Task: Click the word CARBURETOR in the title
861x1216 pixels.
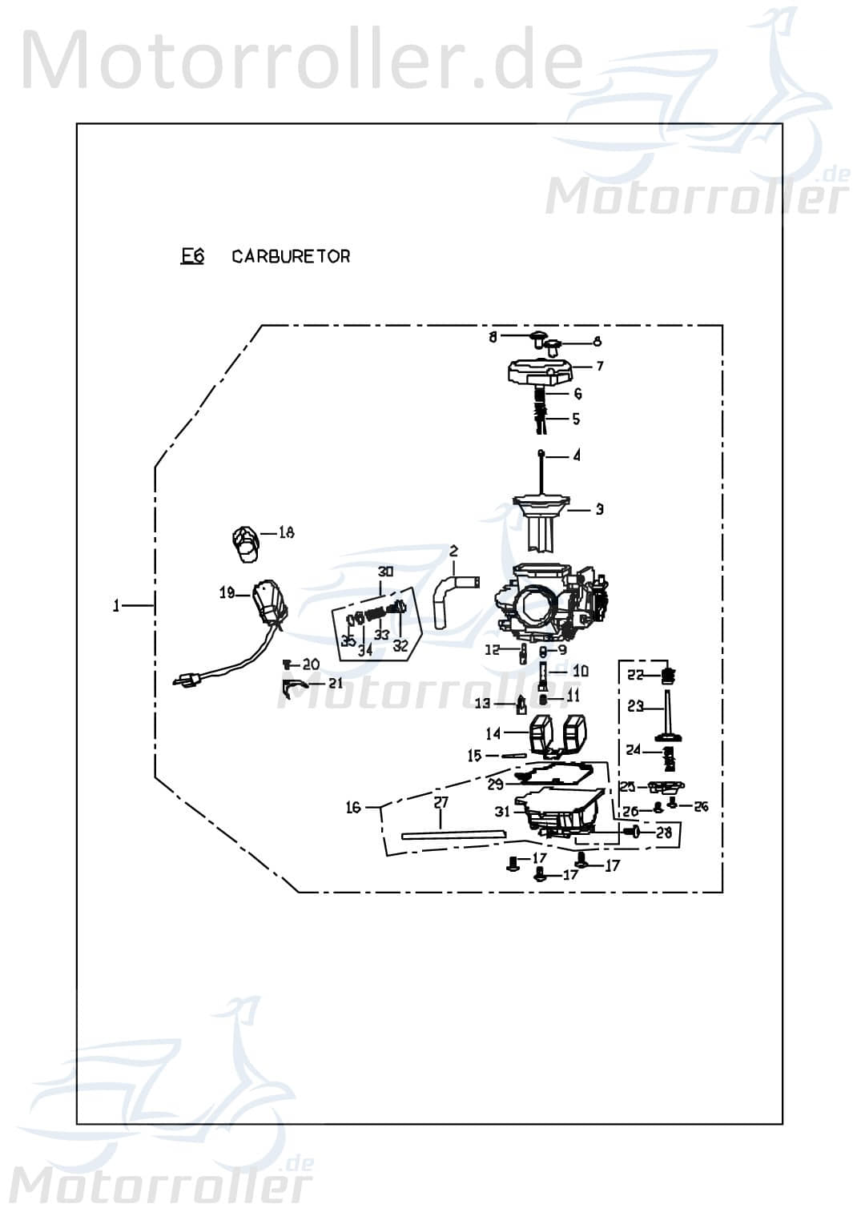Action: (291, 256)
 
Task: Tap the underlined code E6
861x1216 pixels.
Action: (192, 256)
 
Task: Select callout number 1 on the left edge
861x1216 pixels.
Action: (117, 606)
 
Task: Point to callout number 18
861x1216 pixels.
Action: (286, 532)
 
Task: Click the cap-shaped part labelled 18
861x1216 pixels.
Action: (245, 542)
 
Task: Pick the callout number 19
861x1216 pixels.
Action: (227, 593)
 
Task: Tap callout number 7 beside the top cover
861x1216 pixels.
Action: (600, 366)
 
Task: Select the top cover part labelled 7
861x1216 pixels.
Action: (542, 372)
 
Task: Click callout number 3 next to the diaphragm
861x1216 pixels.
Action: (599, 509)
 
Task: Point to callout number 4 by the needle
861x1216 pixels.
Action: (577, 455)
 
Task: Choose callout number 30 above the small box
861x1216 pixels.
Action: (386, 572)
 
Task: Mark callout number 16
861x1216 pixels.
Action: (353, 808)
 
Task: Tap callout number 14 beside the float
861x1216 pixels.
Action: (493, 732)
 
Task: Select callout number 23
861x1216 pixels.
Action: (635, 707)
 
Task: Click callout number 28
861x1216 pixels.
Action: (663, 833)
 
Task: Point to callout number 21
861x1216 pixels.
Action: (335, 684)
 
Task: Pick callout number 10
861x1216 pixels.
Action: (580, 671)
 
